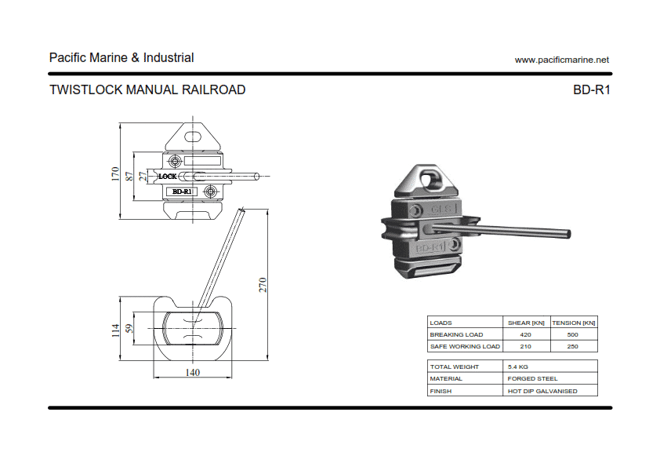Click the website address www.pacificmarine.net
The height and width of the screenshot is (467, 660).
tap(561, 60)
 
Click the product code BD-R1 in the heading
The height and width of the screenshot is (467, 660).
tap(592, 89)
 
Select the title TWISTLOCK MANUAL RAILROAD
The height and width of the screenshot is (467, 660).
tap(147, 89)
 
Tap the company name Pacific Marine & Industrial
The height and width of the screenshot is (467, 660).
tap(121, 57)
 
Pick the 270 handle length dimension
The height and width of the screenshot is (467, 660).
tap(263, 284)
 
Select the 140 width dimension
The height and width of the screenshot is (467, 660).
tap(192, 372)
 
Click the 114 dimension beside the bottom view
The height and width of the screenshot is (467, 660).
tap(115, 330)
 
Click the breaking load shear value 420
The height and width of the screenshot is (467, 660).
tap(525, 334)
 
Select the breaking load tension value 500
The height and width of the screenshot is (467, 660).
tap(572, 334)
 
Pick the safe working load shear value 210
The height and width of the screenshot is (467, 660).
tap(525, 346)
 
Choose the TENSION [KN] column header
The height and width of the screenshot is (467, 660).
tap(574, 323)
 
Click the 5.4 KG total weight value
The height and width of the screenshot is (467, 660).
tap(518, 367)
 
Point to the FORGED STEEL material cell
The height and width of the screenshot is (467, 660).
tap(532, 378)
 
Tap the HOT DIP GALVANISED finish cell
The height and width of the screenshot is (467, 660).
tap(542, 391)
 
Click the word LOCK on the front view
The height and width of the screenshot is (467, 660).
tap(168, 177)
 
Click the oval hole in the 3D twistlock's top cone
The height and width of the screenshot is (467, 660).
tap(429, 177)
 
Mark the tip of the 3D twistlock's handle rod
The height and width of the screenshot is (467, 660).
tap(568, 235)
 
